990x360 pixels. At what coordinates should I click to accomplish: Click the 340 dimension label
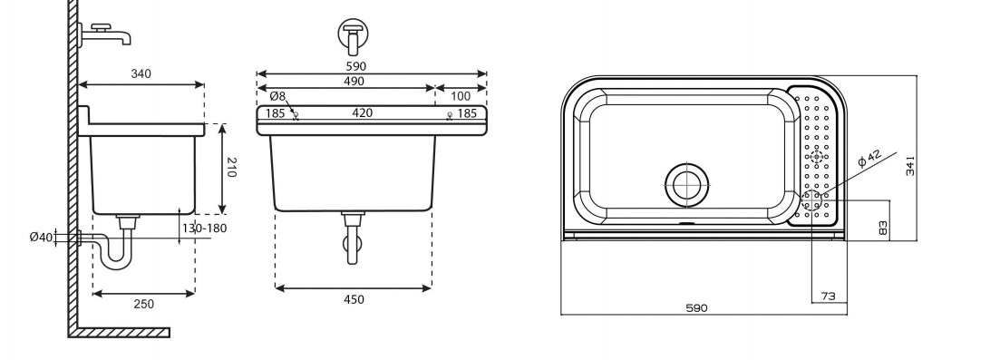pyautogui.click(x=141, y=73)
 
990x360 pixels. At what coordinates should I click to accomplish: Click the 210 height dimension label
pyautogui.click(x=231, y=168)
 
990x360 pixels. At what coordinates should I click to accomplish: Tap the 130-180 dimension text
pyautogui.click(x=204, y=228)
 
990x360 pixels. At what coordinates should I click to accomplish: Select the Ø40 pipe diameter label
pyautogui.click(x=42, y=238)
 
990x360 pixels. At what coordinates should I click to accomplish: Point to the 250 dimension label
pyautogui.click(x=144, y=304)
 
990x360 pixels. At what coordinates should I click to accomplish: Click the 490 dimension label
pyautogui.click(x=354, y=82)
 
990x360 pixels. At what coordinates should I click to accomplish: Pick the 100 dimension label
pyautogui.click(x=461, y=96)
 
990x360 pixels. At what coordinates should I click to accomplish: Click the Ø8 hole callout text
pyautogui.click(x=277, y=97)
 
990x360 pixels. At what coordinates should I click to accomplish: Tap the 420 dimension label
pyautogui.click(x=363, y=113)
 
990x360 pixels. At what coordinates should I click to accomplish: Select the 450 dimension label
pyautogui.click(x=354, y=299)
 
